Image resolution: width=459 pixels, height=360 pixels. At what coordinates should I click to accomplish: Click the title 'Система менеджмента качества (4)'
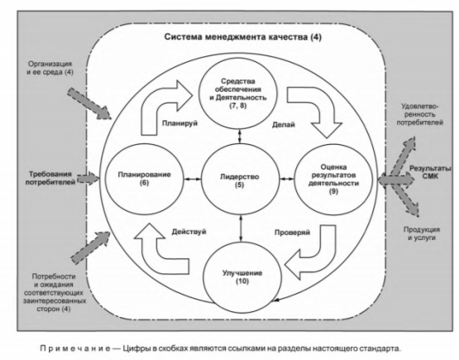[242, 37]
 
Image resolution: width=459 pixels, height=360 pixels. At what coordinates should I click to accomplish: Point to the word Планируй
[179, 123]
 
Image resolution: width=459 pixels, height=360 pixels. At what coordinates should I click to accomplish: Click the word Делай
[284, 125]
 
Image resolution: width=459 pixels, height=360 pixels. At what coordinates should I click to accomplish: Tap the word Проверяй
[292, 233]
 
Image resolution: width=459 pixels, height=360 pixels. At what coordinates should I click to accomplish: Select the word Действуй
[189, 232]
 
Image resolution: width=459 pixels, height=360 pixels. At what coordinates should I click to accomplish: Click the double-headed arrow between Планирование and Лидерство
[193, 179]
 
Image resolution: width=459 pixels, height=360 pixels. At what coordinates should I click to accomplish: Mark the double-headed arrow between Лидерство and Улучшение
[241, 228]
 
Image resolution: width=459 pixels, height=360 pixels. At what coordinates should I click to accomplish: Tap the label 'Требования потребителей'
[50, 178]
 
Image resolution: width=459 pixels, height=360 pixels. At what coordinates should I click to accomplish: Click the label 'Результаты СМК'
[430, 172]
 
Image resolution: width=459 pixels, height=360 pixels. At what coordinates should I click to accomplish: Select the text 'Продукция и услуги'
[422, 233]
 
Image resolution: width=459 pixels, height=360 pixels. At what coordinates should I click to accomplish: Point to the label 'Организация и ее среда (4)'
[50, 68]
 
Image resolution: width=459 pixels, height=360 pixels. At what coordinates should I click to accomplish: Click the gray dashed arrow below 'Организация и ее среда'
[89, 103]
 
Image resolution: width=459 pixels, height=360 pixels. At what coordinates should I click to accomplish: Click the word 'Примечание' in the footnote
[75, 348]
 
